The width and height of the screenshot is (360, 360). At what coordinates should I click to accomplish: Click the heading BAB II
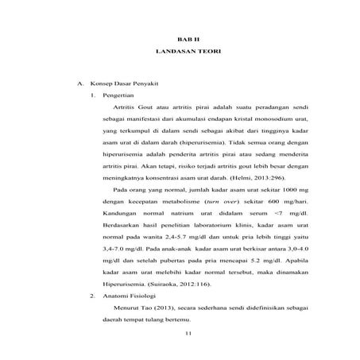[x=184, y=38]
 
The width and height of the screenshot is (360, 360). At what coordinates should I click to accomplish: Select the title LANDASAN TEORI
[x=184, y=52]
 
